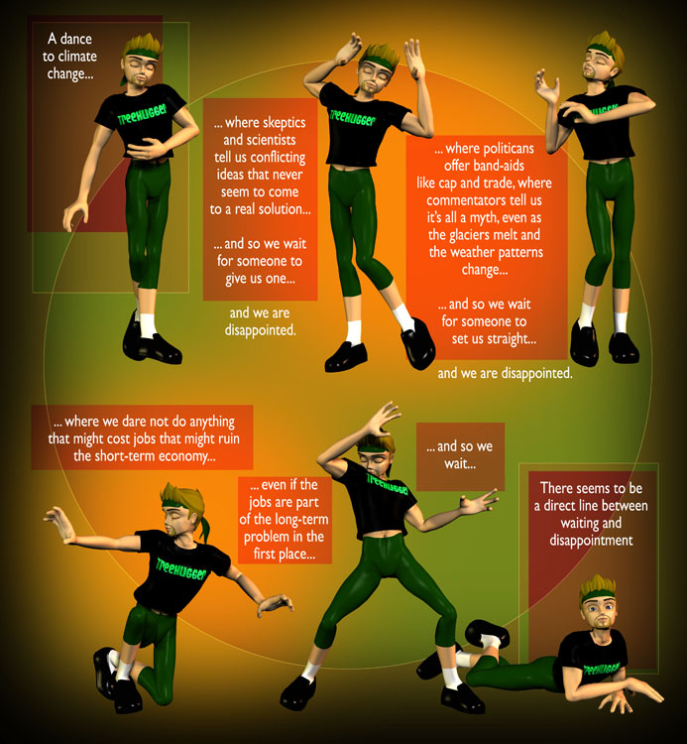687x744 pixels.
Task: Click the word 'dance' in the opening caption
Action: (76, 39)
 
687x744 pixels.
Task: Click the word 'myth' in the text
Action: (484, 218)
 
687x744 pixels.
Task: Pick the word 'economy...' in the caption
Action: (186, 456)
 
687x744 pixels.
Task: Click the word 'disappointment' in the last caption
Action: (591, 541)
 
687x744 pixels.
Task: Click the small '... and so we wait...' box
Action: (460, 456)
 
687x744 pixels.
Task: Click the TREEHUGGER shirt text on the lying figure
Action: (601, 669)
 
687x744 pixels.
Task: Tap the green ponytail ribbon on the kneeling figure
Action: (204, 528)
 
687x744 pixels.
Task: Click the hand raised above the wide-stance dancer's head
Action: (382, 419)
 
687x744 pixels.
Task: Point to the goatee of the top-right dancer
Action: (589, 73)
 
